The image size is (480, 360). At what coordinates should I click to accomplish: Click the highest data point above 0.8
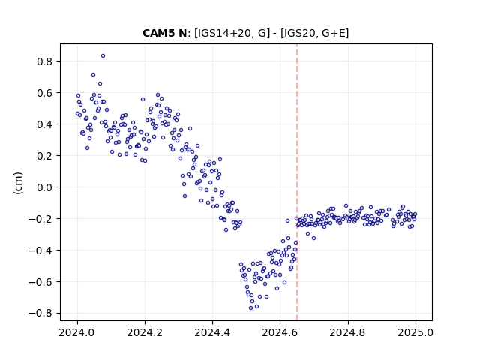(103, 56)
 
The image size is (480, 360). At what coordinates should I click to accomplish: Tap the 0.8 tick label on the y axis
(45, 61)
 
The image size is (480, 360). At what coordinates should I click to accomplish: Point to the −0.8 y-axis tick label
(40, 313)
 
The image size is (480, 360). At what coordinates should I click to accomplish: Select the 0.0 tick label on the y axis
(45, 187)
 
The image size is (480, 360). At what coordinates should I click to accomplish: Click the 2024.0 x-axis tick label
(77, 332)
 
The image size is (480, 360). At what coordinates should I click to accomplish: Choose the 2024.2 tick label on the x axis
(145, 332)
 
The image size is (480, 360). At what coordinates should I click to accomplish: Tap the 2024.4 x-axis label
(212, 332)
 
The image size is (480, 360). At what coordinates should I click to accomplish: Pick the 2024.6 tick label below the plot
(280, 332)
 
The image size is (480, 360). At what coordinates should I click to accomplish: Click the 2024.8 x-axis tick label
(348, 332)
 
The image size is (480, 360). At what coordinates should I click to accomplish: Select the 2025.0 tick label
(415, 332)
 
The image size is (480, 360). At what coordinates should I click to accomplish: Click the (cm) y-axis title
(18, 183)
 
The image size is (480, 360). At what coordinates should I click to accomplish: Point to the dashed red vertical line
(297, 182)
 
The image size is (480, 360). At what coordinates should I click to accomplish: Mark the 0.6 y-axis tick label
(45, 93)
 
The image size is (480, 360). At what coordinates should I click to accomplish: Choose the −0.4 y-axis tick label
(40, 250)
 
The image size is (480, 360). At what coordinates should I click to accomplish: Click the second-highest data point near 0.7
(93, 75)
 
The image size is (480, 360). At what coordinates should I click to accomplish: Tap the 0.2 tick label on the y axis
(45, 156)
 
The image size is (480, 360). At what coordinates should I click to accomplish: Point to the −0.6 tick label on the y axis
(40, 282)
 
